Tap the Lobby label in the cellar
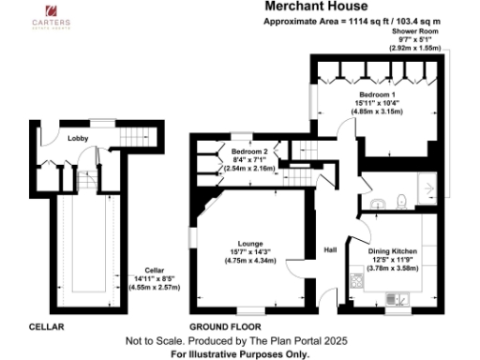79,138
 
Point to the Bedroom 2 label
250,151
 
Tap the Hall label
330,250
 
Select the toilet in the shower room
400,198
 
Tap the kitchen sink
397,299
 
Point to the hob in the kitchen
355,278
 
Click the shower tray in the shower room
427,189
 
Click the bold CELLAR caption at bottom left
45,325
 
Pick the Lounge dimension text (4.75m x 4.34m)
249,260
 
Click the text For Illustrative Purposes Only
240,354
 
